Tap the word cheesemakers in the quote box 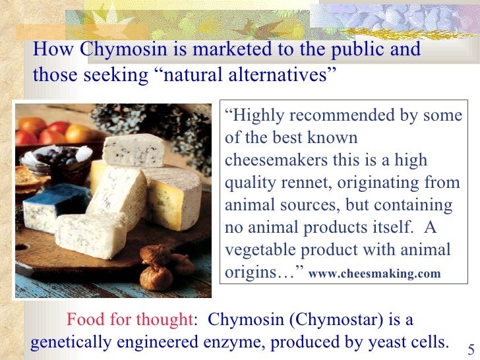coord(278,160)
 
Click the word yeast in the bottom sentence coord(387,342)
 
